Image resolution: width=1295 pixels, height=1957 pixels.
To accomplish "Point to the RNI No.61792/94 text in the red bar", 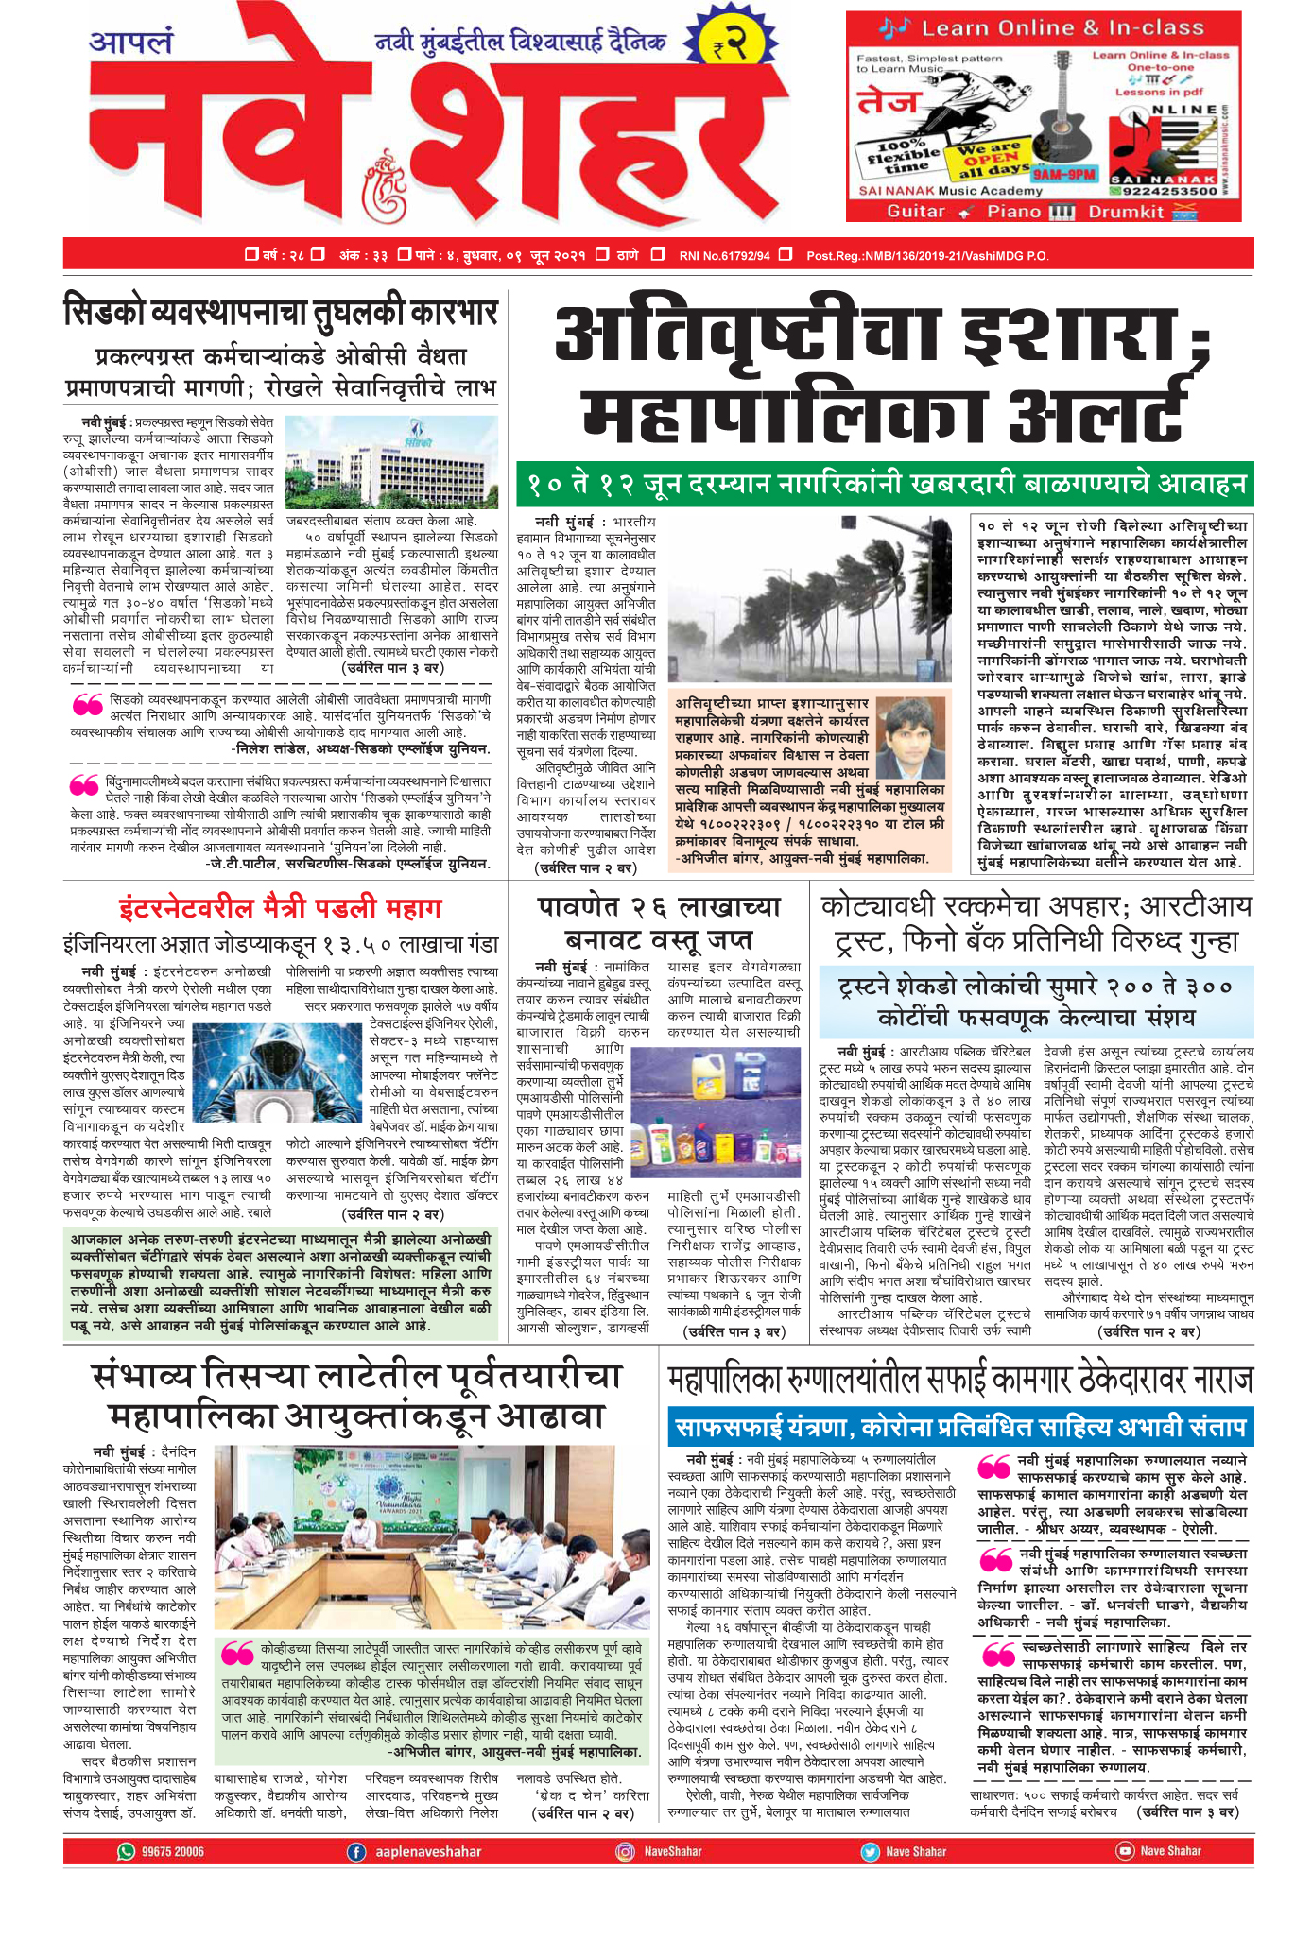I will point(725,255).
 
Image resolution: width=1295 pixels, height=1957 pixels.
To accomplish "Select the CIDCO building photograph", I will point(391,463).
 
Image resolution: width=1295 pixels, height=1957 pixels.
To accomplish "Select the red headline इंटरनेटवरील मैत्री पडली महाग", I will point(281,908).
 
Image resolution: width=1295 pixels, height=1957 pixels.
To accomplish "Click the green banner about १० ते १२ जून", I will point(884,485).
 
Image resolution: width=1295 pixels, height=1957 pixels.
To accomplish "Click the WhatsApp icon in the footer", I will point(127,1851).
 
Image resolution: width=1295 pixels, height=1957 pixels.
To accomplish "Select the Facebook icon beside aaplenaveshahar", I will point(356,1851).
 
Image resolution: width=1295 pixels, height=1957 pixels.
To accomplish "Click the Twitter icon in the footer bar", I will point(870,1851).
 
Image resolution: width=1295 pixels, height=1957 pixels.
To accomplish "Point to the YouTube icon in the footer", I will point(1125,1851).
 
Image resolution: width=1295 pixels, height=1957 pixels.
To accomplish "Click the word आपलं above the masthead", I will point(132,43).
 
